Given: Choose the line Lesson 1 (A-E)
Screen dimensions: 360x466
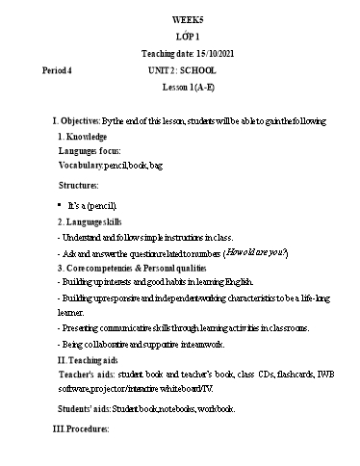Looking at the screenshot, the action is (188, 87).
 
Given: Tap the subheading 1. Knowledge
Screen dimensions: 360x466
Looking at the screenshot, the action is (82, 137).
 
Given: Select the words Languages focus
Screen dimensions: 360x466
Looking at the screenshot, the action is (89, 151).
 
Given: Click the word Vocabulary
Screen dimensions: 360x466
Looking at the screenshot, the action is (80, 166).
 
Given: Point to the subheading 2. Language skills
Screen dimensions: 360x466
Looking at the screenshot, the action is (92, 220).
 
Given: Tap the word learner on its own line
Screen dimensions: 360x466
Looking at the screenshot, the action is (70, 313).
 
